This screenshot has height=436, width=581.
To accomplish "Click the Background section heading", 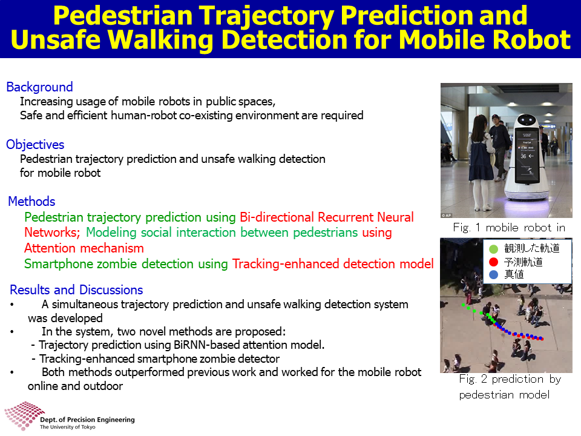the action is pos(40,87).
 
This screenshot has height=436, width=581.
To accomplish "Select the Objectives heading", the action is pos(35,145).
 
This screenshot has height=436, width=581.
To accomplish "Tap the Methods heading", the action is pos(31,202).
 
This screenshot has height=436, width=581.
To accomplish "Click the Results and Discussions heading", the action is pos(76,290).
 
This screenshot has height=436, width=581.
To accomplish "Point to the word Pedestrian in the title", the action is pos(123,16).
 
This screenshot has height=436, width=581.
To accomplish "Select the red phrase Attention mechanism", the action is pos(84,248).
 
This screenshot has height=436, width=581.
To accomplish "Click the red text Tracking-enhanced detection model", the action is pos(333,264).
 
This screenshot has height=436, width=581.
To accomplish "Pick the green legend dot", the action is pos(494,249).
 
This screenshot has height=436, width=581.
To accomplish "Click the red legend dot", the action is pos(494,262).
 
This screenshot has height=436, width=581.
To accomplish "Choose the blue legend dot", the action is pos(494,275).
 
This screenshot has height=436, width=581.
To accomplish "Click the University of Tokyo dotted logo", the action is pos(24,415).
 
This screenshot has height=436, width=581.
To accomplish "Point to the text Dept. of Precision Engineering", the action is pos(87,420).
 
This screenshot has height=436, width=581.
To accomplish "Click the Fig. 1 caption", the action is pos(509,228).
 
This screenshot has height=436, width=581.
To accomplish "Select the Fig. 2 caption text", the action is pos(510,387).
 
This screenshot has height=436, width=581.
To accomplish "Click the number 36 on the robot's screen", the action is pos(523,156).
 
